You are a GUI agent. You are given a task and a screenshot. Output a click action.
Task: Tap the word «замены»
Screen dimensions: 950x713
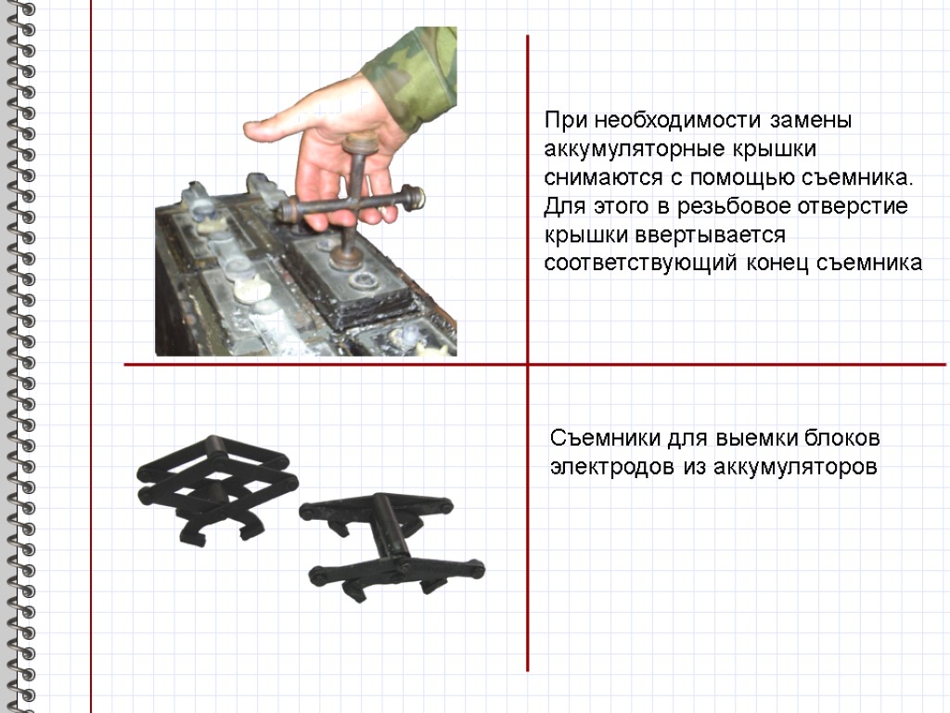point(811,120)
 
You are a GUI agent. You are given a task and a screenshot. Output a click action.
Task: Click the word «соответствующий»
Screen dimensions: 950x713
point(640,263)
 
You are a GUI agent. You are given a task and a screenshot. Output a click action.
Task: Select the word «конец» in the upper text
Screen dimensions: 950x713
point(777,264)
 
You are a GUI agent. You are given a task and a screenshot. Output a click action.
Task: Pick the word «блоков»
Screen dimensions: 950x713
point(842,438)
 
